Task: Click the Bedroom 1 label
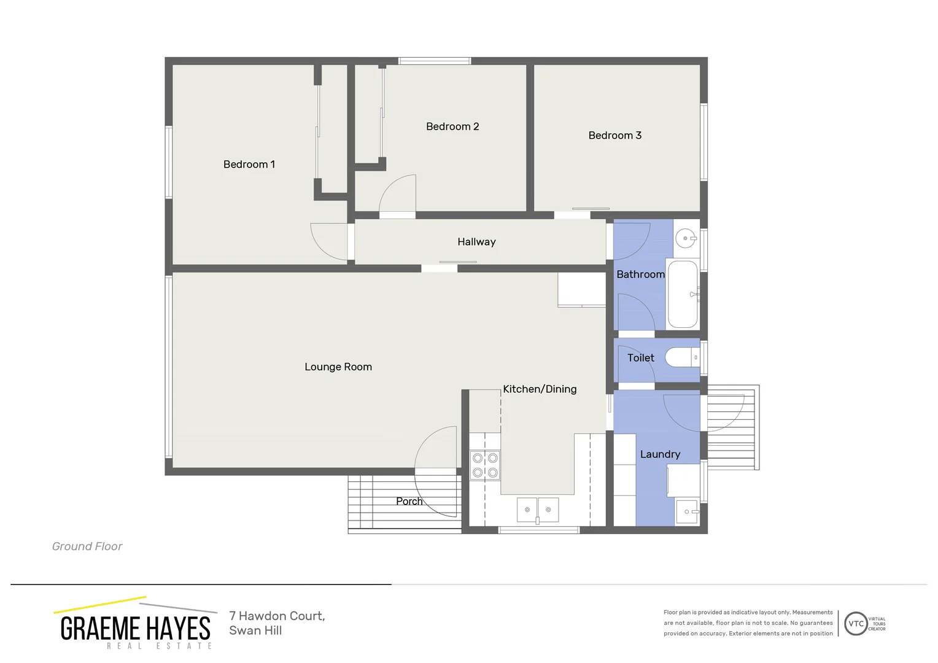click(x=249, y=165)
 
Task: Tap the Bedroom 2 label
click(x=452, y=126)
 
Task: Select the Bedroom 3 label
click(x=614, y=136)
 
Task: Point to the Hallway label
click(x=476, y=242)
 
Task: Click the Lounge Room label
click(x=338, y=367)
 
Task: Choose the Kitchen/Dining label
click(x=540, y=389)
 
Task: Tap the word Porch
click(x=409, y=502)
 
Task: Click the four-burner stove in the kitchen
click(x=485, y=465)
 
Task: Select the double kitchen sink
click(x=538, y=510)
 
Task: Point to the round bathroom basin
click(x=685, y=238)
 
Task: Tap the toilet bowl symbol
click(x=681, y=357)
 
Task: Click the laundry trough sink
click(x=687, y=511)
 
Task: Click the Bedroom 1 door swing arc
click(x=328, y=241)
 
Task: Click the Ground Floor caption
click(x=87, y=546)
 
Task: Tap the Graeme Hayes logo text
click(x=136, y=629)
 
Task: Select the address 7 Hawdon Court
click(x=277, y=616)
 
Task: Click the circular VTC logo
click(x=856, y=624)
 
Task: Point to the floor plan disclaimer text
click(x=748, y=623)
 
